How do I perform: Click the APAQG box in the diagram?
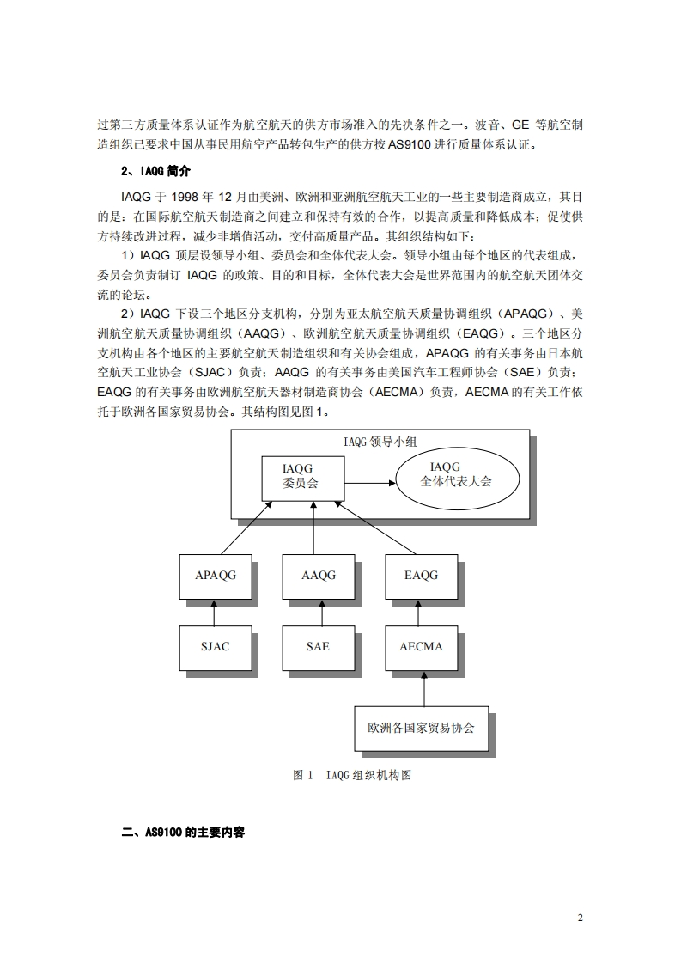coord(215,576)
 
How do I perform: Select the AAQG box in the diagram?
coord(318,576)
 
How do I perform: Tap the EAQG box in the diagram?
coord(421,576)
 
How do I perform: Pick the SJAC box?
coord(215,647)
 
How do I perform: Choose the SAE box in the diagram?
coord(318,647)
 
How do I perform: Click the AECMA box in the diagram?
coord(421,647)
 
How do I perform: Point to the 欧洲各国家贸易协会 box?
coord(421,728)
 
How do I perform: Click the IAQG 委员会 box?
coord(301,477)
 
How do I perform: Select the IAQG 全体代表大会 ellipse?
coord(456,475)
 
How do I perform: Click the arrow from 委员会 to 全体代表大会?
coord(369,483)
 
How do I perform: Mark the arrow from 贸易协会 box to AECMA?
coord(421,687)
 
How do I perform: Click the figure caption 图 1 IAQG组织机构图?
coord(352,775)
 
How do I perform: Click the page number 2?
coord(580,918)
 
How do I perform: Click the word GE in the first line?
coord(523,125)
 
